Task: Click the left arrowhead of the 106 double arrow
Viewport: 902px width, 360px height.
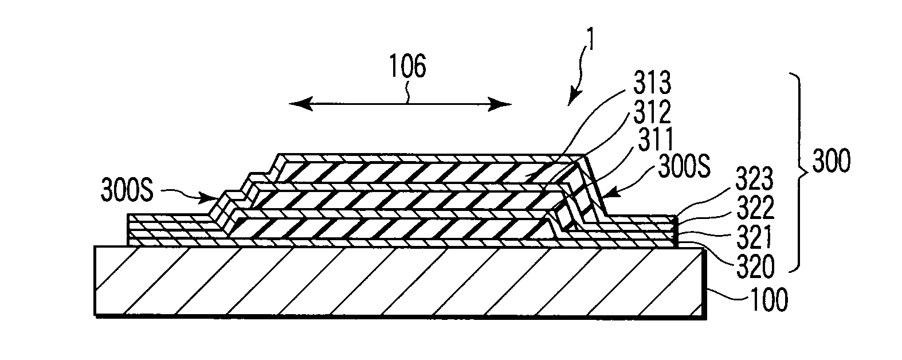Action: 293,104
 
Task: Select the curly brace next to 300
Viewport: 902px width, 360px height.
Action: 795,172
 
